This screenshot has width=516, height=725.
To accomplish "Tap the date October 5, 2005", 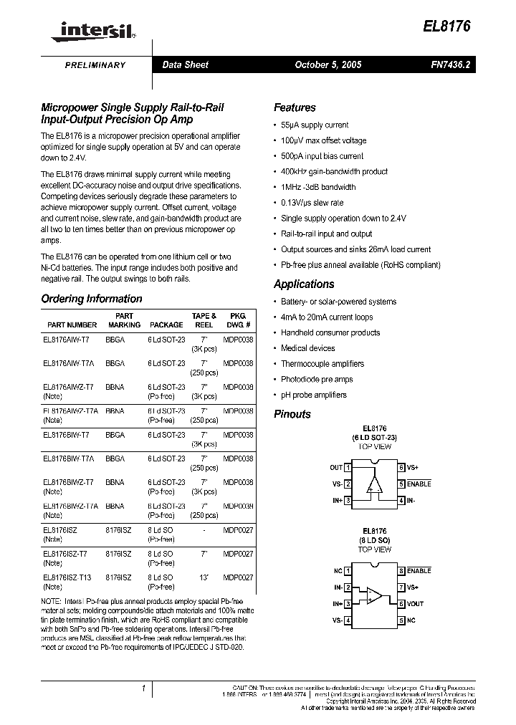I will click(x=328, y=64).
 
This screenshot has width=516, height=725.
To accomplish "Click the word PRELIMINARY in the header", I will click(x=95, y=65).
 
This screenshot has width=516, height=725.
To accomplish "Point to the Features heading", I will click(x=295, y=107).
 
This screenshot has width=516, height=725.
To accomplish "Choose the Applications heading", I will click(x=304, y=284).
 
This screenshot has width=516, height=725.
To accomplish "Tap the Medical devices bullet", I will click(x=307, y=348).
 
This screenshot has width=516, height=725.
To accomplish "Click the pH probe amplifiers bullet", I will click(x=313, y=395).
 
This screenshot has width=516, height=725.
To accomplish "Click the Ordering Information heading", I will click(x=92, y=299).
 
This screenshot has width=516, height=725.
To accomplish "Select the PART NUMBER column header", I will click(x=72, y=325).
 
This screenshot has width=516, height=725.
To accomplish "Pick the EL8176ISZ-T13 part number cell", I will click(x=67, y=577).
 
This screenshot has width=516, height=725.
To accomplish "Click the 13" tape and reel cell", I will click(x=204, y=577).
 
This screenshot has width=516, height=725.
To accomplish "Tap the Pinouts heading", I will click(x=292, y=414).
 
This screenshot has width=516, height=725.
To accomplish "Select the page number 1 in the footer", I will click(x=144, y=688).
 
